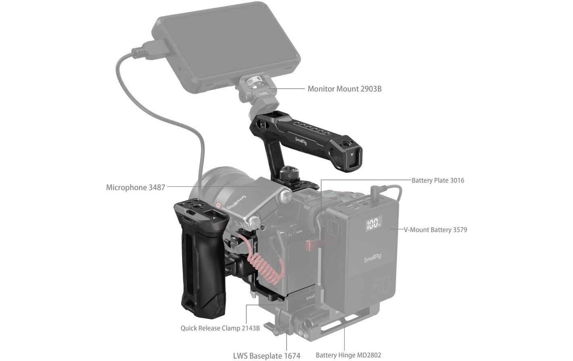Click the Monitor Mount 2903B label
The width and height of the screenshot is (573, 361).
(x=344, y=89)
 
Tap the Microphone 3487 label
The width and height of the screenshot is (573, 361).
(x=135, y=188)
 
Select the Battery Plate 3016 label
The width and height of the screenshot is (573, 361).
(x=438, y=180)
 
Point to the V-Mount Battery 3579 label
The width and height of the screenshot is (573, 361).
(x=435, y=230)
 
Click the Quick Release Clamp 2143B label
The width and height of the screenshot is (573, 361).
(x=220, y=328)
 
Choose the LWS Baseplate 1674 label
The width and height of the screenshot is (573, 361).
(x=266, y=356)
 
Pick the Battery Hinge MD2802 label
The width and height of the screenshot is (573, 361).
(x=348, y=355)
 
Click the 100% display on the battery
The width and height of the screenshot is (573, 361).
(x=373, y=223)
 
